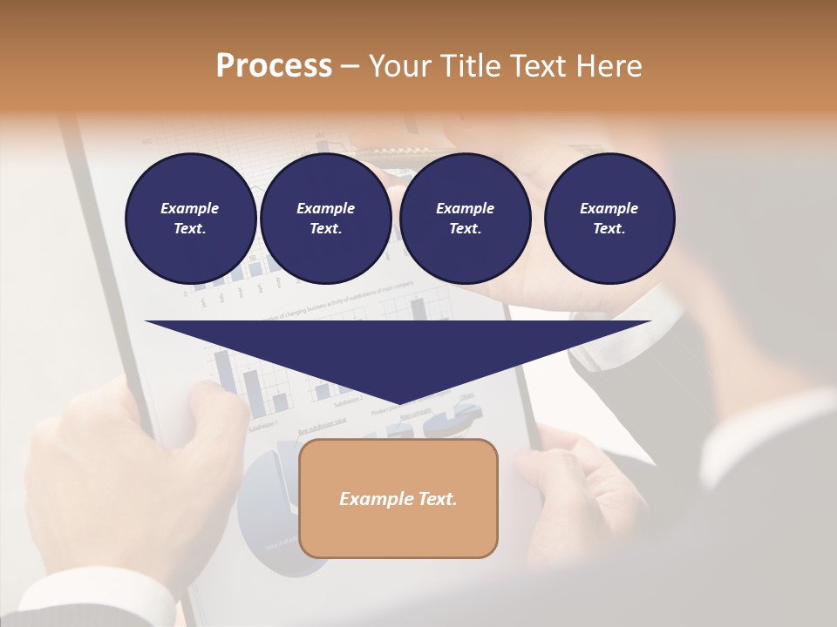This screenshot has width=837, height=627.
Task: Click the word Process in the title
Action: tap(274, 66)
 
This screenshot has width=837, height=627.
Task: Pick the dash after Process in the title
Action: tap(350, 67)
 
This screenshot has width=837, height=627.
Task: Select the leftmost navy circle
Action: tap(190, 218)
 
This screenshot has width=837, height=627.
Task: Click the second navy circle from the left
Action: tap(325, 218)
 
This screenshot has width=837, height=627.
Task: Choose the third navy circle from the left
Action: tap(465, 218)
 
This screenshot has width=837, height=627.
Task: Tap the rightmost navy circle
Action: tap(609, 218)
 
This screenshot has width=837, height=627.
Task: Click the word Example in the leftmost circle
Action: tap(189, 208)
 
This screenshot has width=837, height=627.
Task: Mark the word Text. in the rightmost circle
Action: tap(609, 228)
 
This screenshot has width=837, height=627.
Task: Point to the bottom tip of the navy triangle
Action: tap(398, 405)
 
